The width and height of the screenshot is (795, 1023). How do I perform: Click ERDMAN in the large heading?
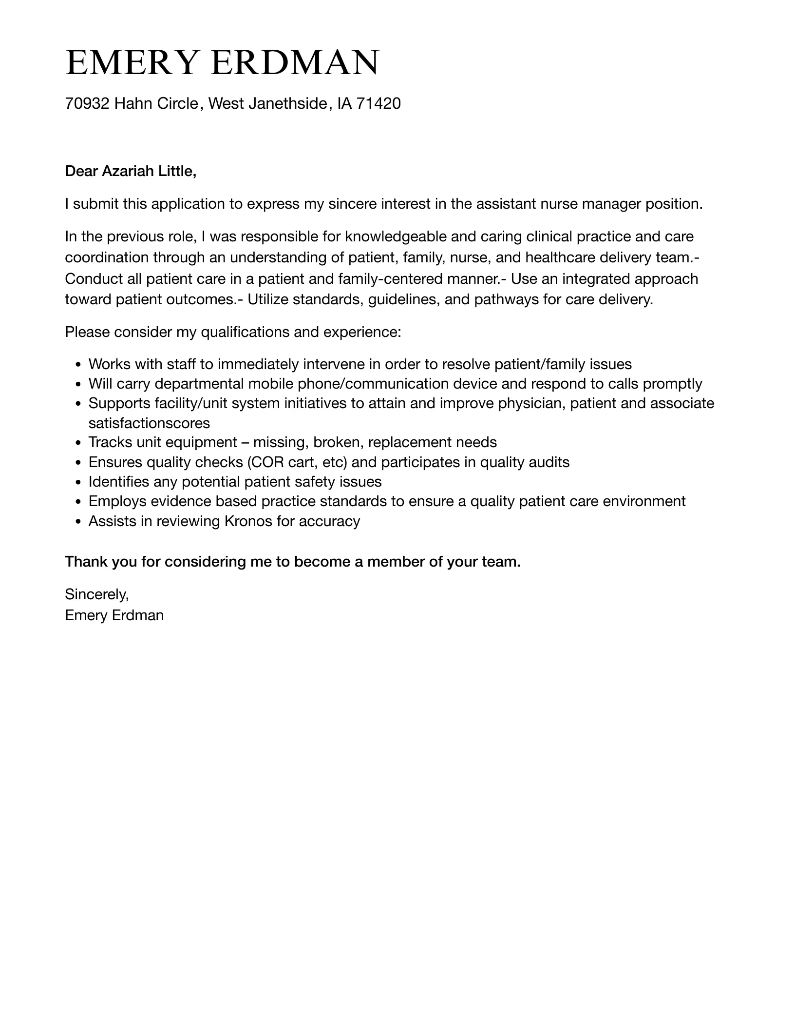click(x=295, y=63)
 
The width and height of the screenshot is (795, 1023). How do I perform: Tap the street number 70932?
click(x=87, y=103)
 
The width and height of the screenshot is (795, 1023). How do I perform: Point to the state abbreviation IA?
click(x=344, y=103)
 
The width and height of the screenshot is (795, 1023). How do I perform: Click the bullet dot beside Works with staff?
click(x=78, y=365)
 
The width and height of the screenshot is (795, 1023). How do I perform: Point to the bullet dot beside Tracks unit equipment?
click(x=78, y=443)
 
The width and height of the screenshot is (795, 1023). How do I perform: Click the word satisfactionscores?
click(x=149, y=423)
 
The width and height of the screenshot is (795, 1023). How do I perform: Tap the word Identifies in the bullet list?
click(x=119, y=482)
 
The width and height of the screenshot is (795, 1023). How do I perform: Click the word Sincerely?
click(x=96, y=594)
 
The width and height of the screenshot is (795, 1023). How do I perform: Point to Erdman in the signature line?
click(x=138, y=615)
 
